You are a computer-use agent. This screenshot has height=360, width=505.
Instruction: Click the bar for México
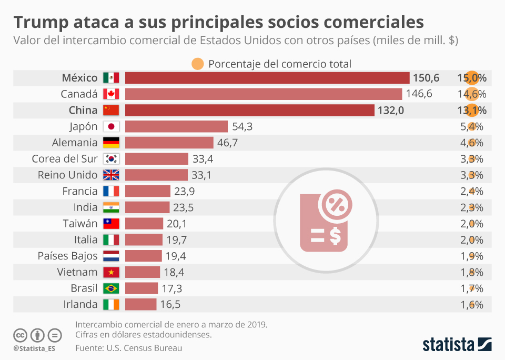coord(267,78)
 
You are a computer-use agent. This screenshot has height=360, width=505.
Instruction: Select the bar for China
coord(250,111)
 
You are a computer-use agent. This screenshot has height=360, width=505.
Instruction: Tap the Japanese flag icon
coord(112,127)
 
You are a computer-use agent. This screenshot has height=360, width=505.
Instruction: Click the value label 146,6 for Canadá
coord(419,94)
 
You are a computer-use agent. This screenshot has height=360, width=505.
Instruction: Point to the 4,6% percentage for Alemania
coord(471,143)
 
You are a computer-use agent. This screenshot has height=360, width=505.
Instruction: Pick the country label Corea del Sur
coord(65,159)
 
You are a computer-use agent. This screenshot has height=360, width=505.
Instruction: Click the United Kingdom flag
coord(112,175)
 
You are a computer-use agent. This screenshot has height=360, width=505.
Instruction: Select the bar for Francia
coord(148,192)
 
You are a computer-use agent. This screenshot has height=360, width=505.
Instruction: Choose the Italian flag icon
coord(112,240)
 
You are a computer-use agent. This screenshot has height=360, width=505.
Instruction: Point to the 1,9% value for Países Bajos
coord(471,256)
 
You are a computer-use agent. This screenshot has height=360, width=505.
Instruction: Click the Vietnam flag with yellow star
coord(112,273)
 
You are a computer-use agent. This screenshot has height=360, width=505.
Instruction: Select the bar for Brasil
coord(142,288)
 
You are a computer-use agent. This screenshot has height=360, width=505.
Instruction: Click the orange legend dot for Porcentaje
coord(198,64)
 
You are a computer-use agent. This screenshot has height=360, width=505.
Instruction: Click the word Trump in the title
coord(41,23)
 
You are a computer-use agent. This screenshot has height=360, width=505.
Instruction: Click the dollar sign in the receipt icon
coord(335,235)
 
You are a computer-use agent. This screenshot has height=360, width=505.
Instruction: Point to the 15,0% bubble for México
coord(471,78)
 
